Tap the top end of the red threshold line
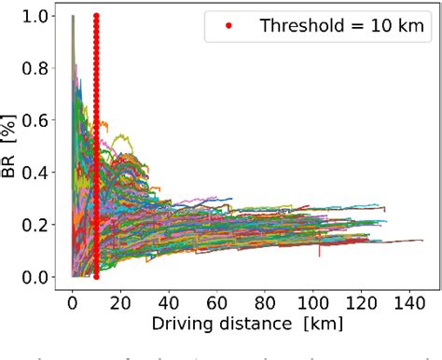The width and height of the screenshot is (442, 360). pyautogui.click(x=97, y=17)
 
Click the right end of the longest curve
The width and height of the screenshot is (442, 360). pyautogui.click(x=422, y=241)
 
